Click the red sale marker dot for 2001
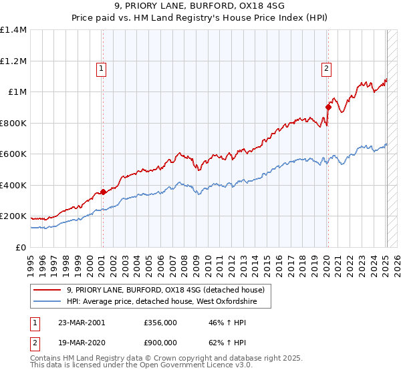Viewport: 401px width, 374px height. pos(103,192)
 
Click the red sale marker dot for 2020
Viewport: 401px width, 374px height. pos(328,107)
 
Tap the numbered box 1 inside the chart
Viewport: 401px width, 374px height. pos(101,67)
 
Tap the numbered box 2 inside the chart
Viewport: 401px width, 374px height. pos(326,67)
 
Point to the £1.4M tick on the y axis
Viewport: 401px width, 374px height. pos(14,30)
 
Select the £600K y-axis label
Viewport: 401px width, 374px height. pos(14,154)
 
